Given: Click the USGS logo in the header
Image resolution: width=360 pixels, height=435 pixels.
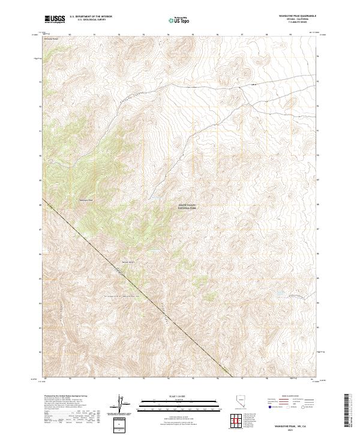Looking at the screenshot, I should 55,20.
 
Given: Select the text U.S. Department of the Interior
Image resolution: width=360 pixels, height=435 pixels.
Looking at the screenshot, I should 91,17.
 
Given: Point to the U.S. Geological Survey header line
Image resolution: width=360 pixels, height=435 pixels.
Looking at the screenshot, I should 91,20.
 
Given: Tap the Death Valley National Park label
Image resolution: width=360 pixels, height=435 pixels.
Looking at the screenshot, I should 187,206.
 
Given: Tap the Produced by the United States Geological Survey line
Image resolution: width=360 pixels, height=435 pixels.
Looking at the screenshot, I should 66,397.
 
